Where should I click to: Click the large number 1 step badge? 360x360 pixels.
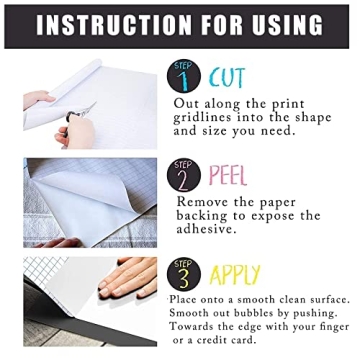[x=191, y=76]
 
